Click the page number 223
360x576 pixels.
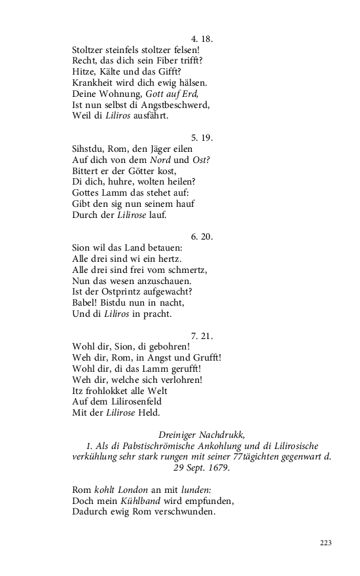click(x=327, y=543)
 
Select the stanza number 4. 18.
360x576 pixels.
click(x=202, y=39)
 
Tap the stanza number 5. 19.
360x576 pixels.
click(x=202, y=137)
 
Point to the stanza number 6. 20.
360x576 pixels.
click(x=202, y=236)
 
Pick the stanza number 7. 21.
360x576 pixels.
click(x=202, y=336)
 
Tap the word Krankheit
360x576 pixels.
click(x=95, y=82)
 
